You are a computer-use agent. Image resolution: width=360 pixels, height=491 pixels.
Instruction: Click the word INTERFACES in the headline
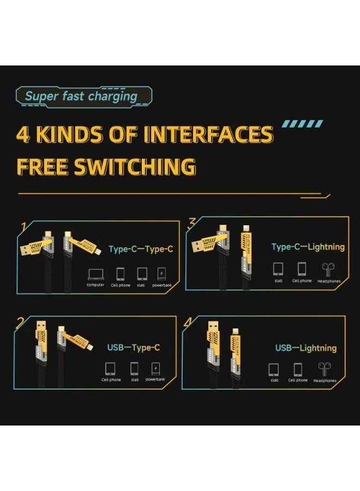point(208,134)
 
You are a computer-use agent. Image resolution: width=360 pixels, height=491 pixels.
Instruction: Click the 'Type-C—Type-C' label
point(141,249)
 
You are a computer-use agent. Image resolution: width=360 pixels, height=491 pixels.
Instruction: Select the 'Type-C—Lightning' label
point(308,247)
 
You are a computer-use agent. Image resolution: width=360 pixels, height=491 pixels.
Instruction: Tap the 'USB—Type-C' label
point(134,347)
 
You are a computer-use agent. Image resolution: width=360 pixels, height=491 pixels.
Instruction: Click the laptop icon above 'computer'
point(95,273)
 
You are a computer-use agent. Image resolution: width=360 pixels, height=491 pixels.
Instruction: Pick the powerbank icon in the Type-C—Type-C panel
point(162,273)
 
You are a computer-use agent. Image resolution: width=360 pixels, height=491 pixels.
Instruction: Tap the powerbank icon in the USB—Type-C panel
point(156,368)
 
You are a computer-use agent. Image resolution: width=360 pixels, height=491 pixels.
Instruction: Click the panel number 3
point(192,223)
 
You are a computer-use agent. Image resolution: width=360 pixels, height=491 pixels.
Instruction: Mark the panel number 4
point(188,322)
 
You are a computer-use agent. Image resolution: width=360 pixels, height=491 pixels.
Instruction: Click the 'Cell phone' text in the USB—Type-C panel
point(111,380)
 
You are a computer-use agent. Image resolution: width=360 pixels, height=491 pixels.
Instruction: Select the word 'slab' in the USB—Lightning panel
point(274,380)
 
